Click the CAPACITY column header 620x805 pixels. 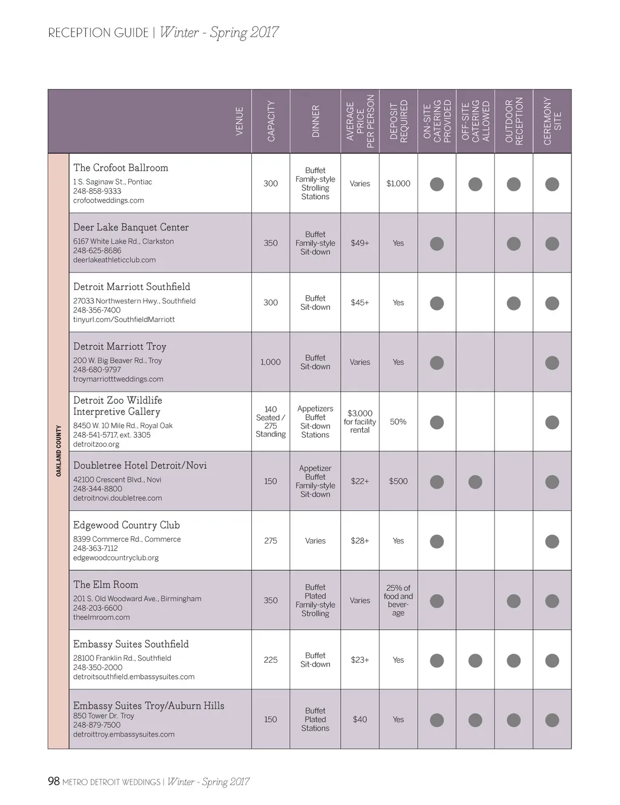coord(271,121)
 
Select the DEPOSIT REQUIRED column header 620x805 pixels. coord(398,121)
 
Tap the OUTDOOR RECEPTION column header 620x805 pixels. coord(513,121)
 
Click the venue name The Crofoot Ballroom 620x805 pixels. coord(120,168)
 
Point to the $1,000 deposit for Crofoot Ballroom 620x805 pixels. coord(398,183)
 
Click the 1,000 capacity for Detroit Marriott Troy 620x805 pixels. coord(271,362)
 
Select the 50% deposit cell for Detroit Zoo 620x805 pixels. coord(398,422)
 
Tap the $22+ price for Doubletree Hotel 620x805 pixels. coord(360,481)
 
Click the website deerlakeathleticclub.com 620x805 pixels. coord(114,260)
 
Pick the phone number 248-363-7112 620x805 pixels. coord(97,548)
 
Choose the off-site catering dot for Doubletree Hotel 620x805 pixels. coord(475,482)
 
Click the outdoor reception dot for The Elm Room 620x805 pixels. coord(513,601)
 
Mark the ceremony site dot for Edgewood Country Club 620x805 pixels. coord(552,542)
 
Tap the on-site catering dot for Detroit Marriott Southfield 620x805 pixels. coord(437,303)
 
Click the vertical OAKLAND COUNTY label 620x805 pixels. coord(59,451)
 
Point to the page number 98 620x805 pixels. coord(54,781)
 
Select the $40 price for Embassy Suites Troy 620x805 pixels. coord(360,720)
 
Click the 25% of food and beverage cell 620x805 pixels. coord(398,600)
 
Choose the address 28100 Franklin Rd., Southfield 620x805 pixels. coord(122,658)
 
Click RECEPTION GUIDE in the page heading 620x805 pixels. coord(98,33)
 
